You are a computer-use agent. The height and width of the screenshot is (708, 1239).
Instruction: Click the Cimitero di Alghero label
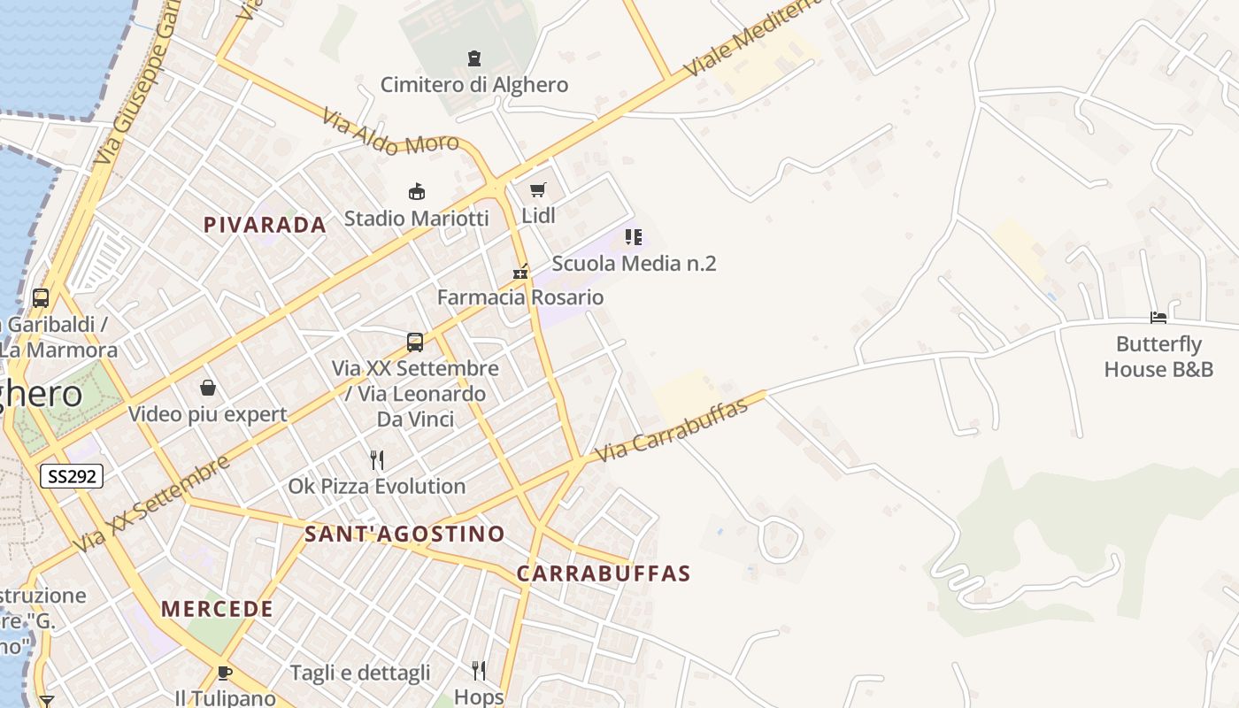click(473, 85)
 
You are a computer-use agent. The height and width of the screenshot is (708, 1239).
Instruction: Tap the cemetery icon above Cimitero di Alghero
click(474, 58)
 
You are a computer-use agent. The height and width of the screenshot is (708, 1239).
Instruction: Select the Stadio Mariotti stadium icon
click(416, 191)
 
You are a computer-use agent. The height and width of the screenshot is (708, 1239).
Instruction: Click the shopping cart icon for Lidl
click(537, 189)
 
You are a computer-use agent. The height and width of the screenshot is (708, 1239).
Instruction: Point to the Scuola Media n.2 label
click(634, 263)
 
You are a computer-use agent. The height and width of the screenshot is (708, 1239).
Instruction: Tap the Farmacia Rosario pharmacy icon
click(520, 272)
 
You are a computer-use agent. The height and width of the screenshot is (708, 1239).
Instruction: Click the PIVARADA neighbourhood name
click(265, 225)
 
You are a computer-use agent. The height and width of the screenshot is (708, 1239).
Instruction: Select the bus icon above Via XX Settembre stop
click(415, 342)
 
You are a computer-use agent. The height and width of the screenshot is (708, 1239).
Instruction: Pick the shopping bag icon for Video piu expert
click(208, 388)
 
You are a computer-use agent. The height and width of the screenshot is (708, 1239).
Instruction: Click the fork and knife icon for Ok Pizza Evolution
click(377, 460)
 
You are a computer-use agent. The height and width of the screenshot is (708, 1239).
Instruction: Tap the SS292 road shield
click(72, 476)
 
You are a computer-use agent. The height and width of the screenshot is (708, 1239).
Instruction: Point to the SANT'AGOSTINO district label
click(404, 534)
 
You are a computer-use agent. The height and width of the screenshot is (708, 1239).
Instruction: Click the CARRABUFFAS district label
click(603, 573)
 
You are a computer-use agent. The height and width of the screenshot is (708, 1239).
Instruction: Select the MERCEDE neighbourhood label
click(217, 609)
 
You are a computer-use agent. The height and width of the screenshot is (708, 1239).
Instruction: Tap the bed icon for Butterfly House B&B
click(1158, 317)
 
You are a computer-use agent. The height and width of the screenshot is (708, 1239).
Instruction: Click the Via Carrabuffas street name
click(672, 429)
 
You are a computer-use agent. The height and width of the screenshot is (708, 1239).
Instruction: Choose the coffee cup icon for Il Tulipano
click(225, 672)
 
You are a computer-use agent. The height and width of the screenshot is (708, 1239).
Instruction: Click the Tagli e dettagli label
click(360, 673)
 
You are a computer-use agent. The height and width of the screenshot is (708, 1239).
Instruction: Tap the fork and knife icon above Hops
click(479, 670)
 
